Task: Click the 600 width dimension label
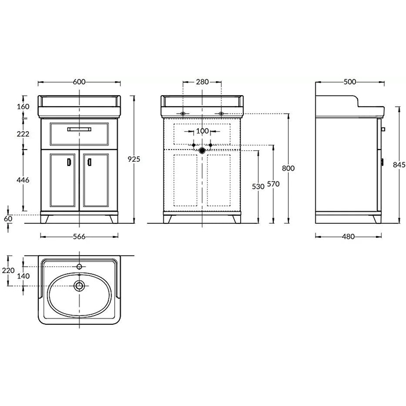(x=79, y=82)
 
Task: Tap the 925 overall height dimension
(x=134, y=159)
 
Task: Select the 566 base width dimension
(x=79, y=237)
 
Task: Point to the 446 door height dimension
(x=23, y=180)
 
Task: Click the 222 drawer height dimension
(x=23, y=134)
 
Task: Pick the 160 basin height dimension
(x=23, y=106)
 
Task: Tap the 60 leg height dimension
(x=8, y=219)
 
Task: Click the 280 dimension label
(x=202, y=82)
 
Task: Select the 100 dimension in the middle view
(x=202, y=131)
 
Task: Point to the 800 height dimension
(x=288, y=168)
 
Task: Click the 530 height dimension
(x=258, y=186)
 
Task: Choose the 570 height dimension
(x=273, y=184)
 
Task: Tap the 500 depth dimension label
(x=350, y=82)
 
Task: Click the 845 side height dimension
(x=399, y=165)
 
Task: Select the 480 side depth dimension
(x=348, y=237)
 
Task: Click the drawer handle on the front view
(x=79, y=129)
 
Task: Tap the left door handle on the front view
(x=69, y=162)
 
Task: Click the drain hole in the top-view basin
(x=79, y=286)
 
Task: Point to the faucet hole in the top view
(x=79, y=267)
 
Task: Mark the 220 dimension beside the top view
(x=8, y=271)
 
